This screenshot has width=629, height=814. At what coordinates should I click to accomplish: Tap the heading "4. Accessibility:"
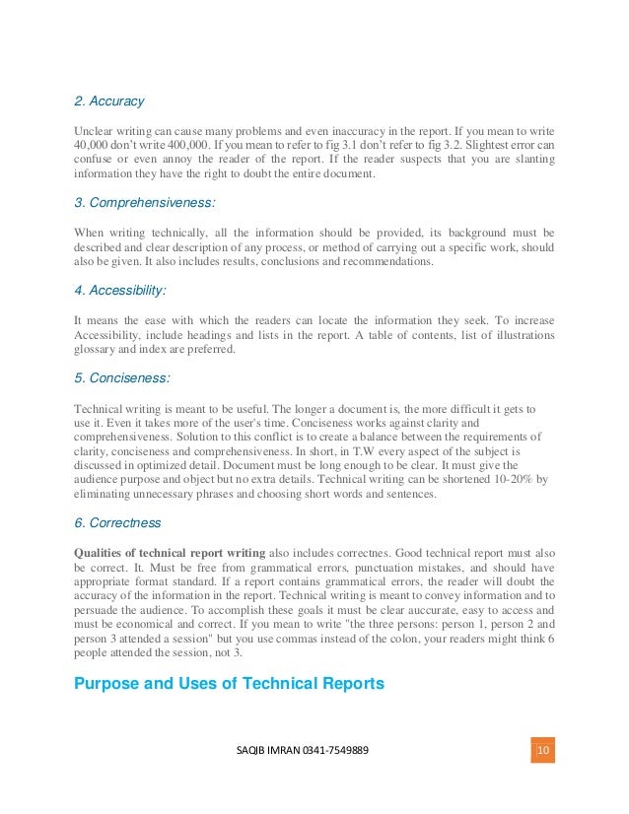tap(120, 291)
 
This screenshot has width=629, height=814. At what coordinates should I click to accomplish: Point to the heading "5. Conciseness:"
tap(121, 378)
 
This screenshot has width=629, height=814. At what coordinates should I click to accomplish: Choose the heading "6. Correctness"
tap(119, 523)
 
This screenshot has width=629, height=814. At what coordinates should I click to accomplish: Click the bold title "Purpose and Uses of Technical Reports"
tap(231, 684)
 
